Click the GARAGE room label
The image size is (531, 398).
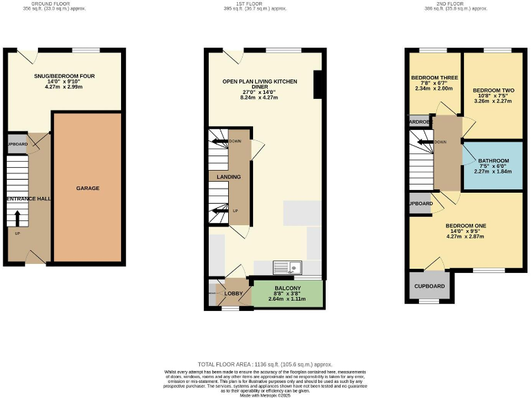click(88, 188)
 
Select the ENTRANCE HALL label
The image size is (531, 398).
click(28, 198)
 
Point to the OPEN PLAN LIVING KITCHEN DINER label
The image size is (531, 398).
click(259, 82)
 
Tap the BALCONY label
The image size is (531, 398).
click(287, 287)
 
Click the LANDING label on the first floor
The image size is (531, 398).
click(229, 177)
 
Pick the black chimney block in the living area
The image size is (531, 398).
click(318, 85)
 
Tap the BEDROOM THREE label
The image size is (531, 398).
click(431, 77)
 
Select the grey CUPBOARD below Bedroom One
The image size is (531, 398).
click(429, 286)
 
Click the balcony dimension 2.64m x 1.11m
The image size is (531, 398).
click(287, 300)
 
